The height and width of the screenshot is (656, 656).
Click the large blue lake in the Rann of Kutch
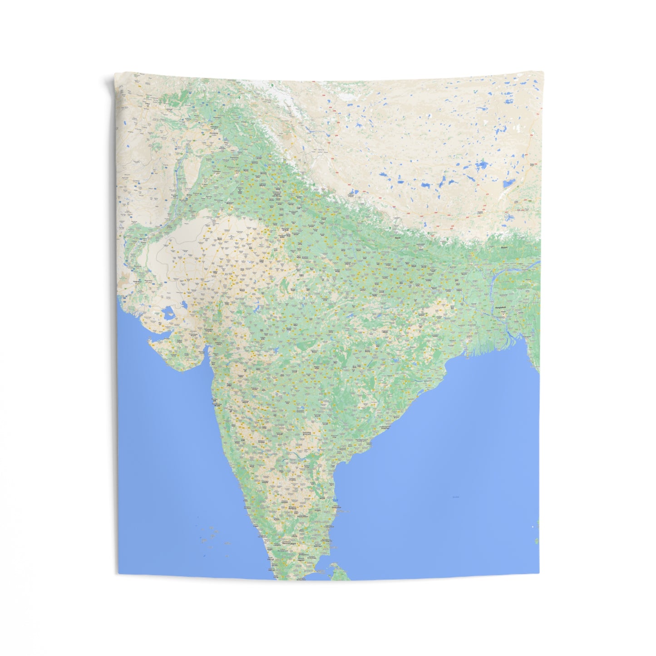pos(168,312)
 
